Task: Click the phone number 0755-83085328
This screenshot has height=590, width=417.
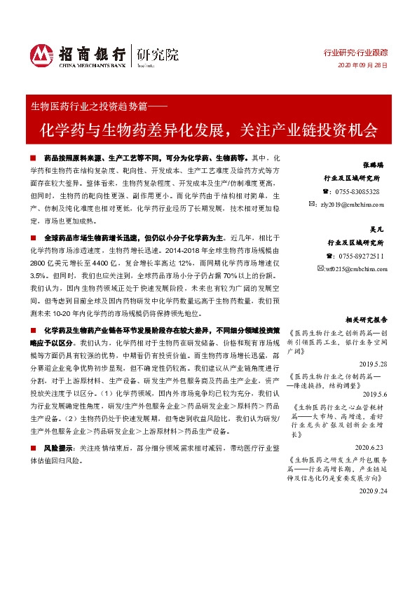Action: click(357, 191)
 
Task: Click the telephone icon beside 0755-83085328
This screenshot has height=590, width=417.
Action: click(324, 191)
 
